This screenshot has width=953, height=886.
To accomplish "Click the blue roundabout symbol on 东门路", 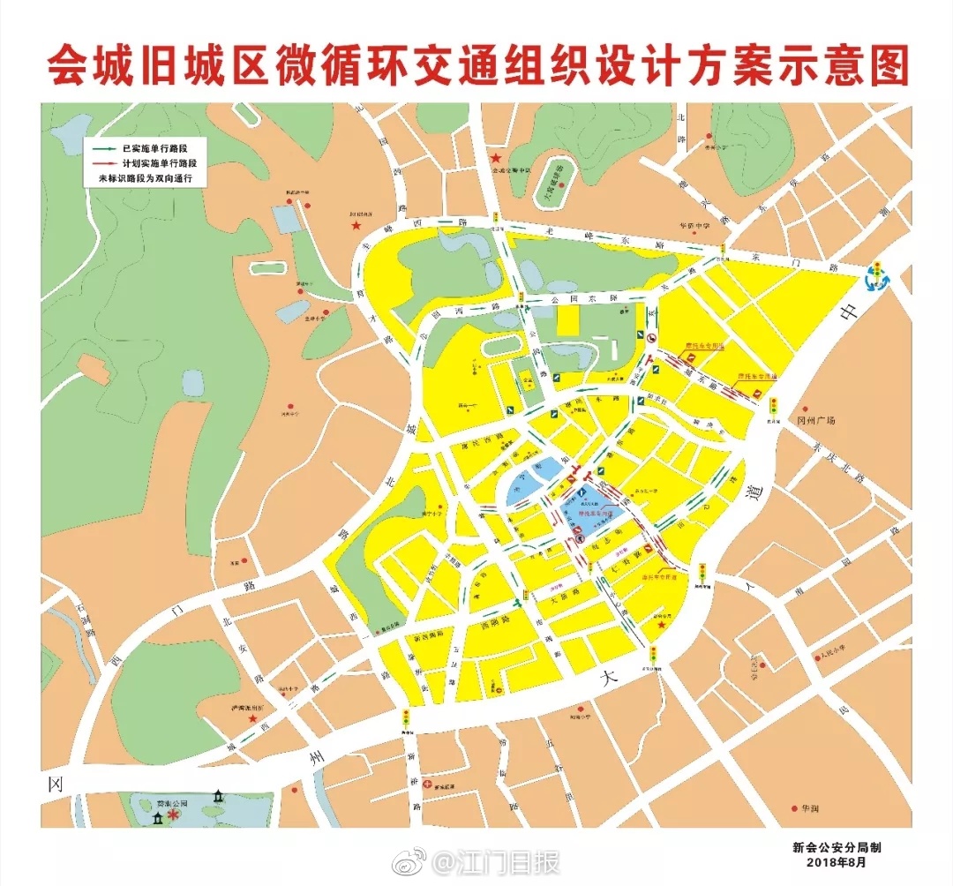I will click(x=877, y=277).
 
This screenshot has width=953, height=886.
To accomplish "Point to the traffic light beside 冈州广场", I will click(x=774, y=407).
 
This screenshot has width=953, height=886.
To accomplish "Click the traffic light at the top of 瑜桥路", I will click(x=406, y=718).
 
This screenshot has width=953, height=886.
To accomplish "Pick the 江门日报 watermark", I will click(x=512, y=861).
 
